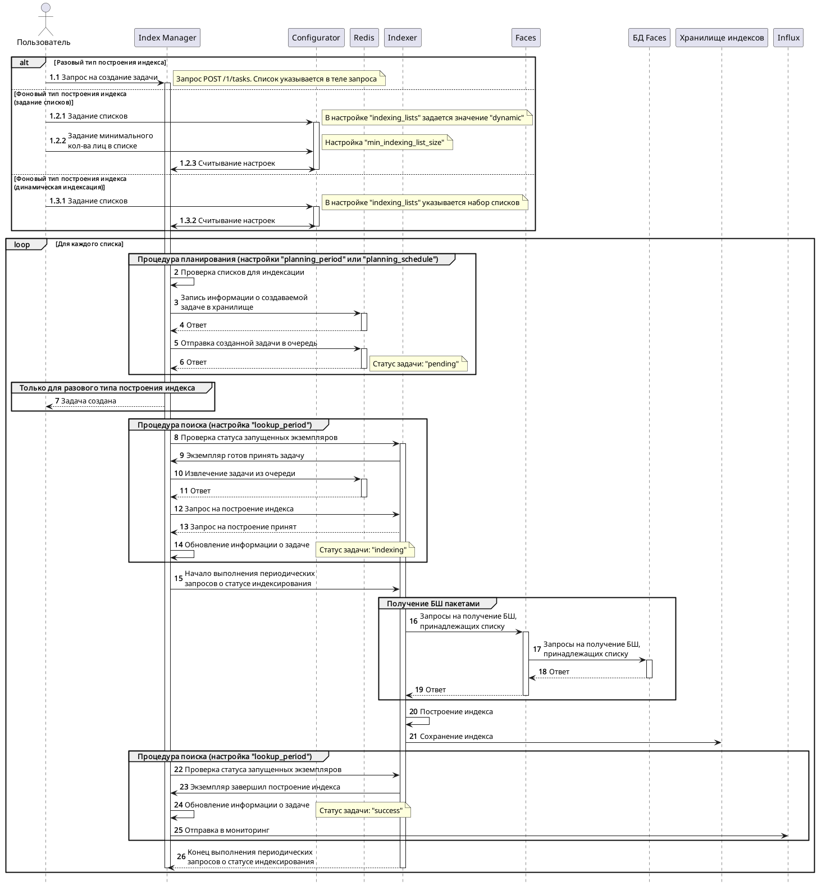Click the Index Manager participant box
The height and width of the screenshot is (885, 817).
tap(167, 38)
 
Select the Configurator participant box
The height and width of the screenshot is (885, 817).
tap(316, 38)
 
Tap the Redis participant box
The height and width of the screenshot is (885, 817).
tap(364, 38)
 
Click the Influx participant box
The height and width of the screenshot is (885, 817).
tap(788, 38)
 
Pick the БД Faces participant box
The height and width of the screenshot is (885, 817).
tap(649, 38)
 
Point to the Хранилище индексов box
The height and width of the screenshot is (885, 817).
tap(722, 38)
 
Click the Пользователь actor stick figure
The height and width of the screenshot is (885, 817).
tap(45, 20)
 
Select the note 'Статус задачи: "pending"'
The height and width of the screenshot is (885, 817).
tap(418, 364)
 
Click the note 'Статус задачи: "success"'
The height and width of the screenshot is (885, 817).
tap(363, 810)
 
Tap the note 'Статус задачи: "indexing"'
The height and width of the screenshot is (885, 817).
tap(365, 550)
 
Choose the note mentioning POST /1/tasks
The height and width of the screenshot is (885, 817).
tap(279, 79)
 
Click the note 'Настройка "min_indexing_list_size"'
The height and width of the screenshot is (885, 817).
tap(387, 142)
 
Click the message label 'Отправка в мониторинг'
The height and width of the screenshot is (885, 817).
tap(227, 830)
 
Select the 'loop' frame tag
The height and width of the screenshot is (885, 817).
tap(22, 244)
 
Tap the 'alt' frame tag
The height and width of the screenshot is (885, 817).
tap(24, 62)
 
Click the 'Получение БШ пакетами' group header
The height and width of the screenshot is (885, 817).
tap(433, 603)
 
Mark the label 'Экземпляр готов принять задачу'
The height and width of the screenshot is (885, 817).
tap(245, 455)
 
